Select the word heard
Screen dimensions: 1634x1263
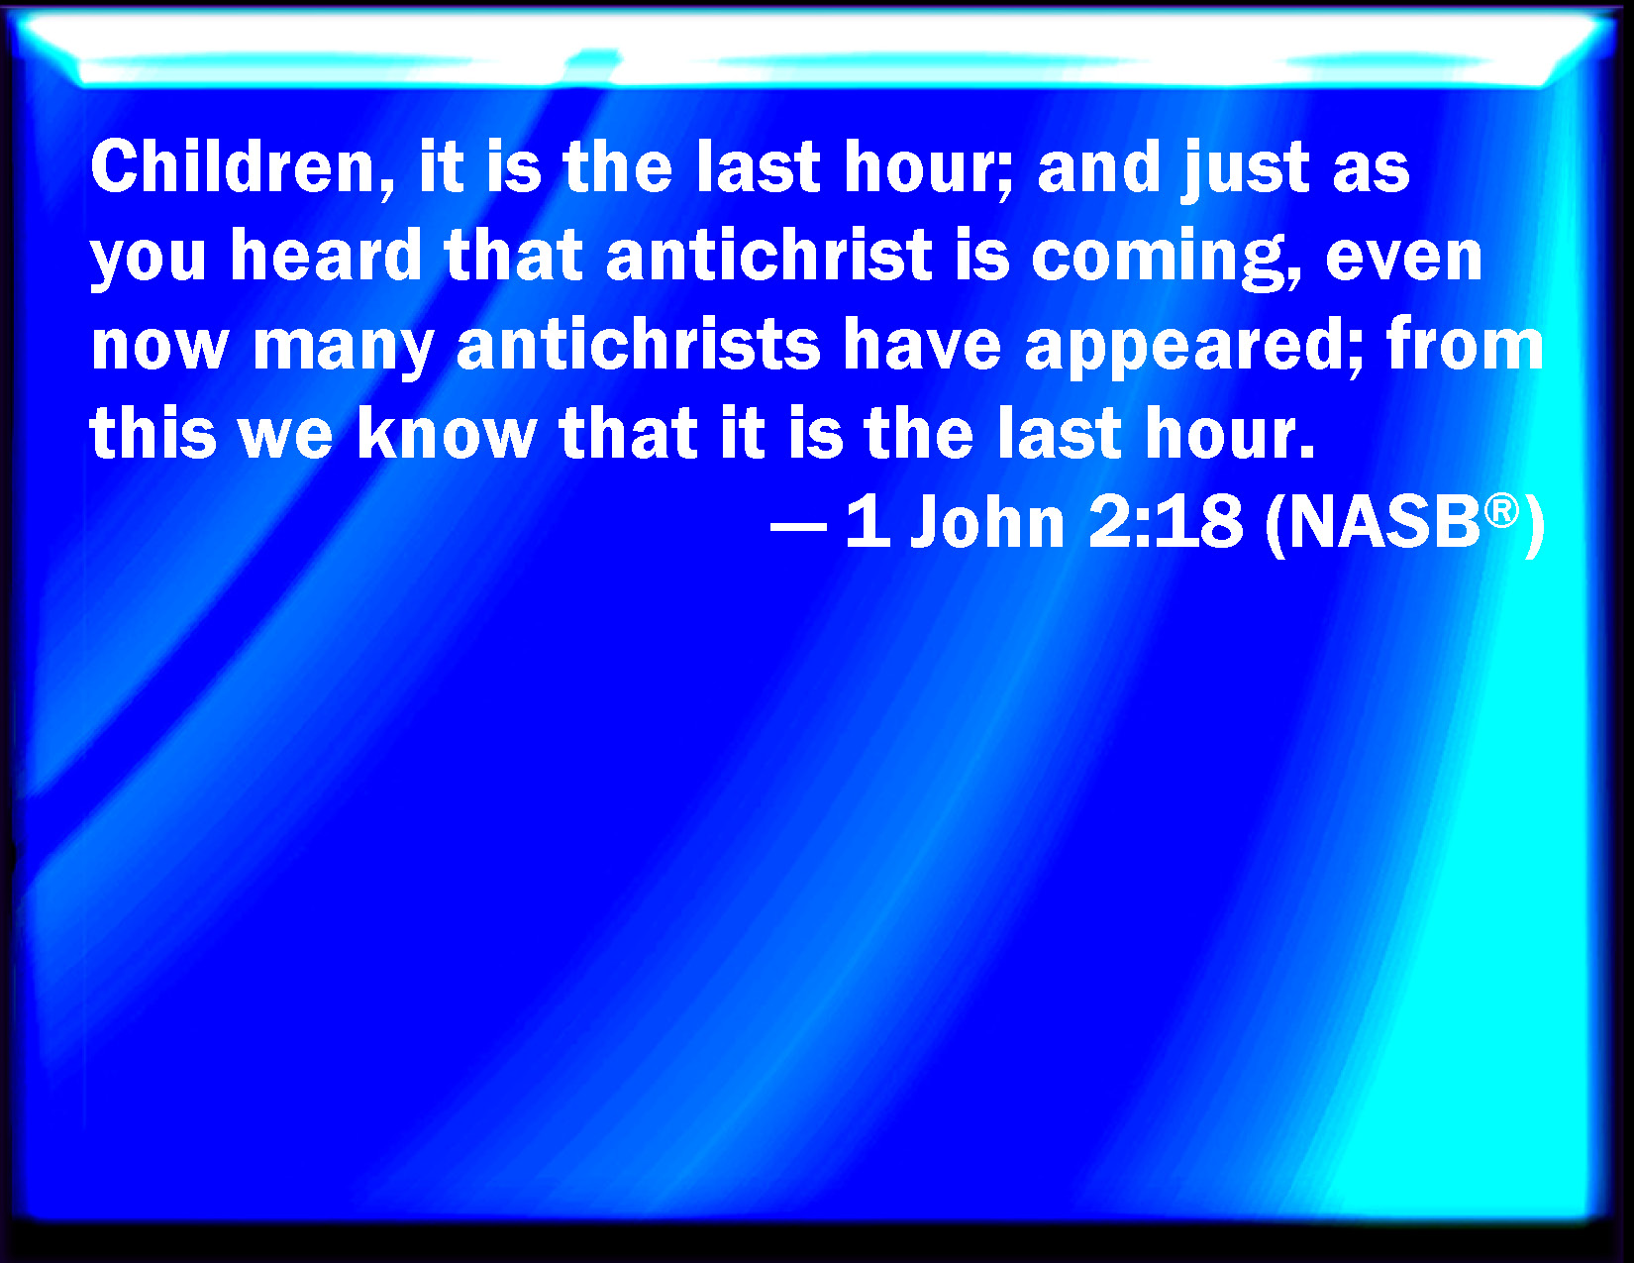[326, 256]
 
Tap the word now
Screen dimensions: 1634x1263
[158, 348]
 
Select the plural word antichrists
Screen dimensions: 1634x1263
[639, 344]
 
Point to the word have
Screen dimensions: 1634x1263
[922, 344]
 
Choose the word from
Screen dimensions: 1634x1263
[1465, 344]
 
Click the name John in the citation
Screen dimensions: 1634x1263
[987, 521]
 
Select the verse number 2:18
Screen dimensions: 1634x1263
[1165, 521]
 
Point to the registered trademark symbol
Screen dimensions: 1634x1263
[1501, 511]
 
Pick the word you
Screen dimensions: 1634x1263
[149, 263]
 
